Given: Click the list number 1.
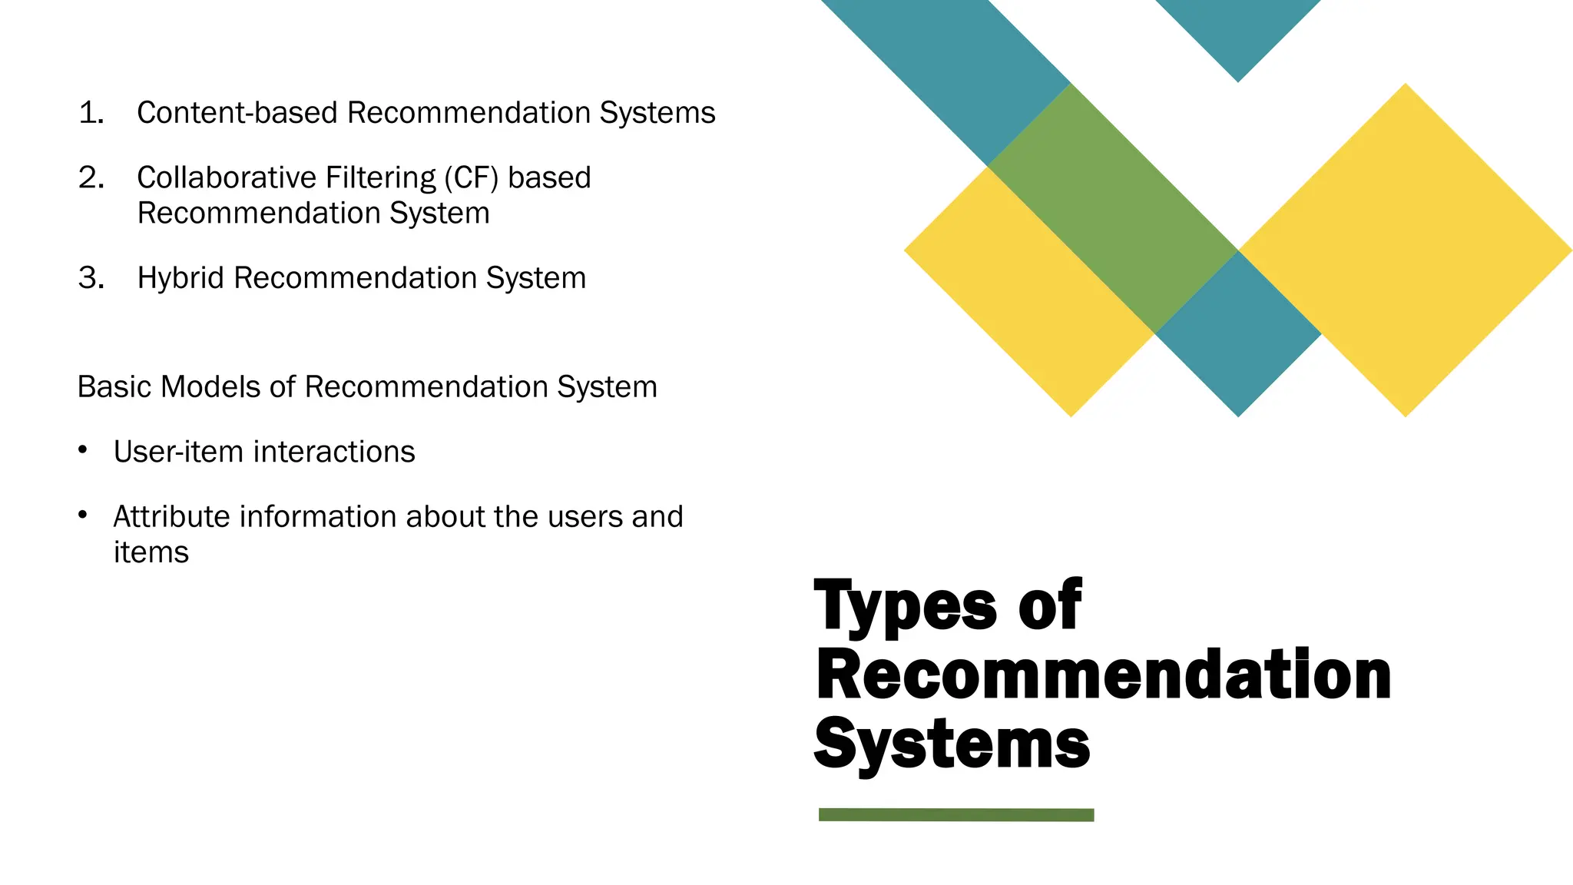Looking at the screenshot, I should tap(91, 113).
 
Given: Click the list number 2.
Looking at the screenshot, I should tap(91, 177).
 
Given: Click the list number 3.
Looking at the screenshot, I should tap(91, 278).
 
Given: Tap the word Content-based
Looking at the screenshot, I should tap(237, 113).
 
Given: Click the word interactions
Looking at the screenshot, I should tap(334, 452).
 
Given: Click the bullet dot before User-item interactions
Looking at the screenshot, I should tap(83, 449).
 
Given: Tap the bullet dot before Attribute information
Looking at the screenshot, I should tap(83, 515).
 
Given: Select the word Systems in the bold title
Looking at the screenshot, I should tap(952, 743).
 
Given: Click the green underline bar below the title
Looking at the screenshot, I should tap(956, 815).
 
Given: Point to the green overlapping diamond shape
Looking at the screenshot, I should tap(1112, 208).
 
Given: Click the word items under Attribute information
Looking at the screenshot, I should tap(151, 552).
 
